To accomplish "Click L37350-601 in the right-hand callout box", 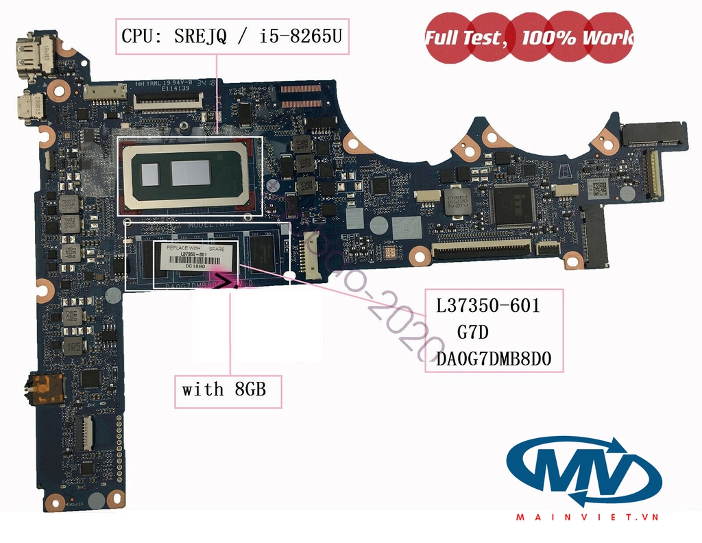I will (x=488, y=306).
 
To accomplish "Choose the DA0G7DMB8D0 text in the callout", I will (x=494, y=359).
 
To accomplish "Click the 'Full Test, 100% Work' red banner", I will (x=529, y=38).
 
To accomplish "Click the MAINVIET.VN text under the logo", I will (x=585, y=518).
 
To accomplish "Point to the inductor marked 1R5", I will (x=72, y=346).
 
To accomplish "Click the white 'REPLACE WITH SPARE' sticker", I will (x=196, y=257).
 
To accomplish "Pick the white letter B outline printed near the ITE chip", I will (x=561, y=167).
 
